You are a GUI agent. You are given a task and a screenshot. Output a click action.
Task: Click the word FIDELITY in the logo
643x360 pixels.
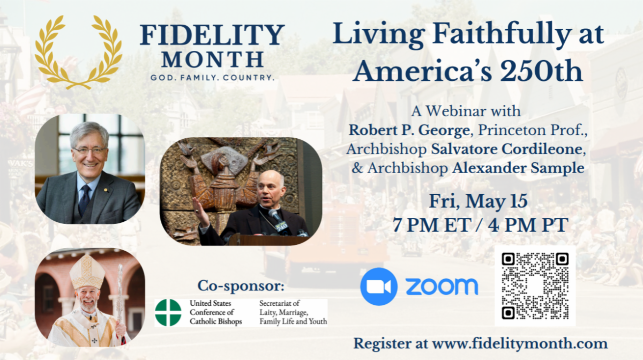coord(212,35)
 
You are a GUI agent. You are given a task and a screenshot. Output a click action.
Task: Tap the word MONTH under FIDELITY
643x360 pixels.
coord(212,59)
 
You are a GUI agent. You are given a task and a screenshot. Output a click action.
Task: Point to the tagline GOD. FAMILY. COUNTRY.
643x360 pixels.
coord(212,78)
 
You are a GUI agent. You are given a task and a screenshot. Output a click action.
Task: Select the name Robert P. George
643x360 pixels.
coord(409,130)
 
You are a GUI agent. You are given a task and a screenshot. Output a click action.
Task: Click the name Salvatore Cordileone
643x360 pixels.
coord(507,149)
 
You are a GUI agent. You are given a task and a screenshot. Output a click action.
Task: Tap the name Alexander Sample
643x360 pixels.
coord(518,168)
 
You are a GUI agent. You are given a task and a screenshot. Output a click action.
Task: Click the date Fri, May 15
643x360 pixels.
coord(478,201)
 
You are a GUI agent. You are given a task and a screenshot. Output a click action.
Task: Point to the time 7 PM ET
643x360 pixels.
coord(432,225)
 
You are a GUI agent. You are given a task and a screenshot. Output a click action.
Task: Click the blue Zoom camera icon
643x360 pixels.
coord(379,286)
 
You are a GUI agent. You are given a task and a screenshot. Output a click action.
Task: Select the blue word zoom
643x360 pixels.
coord(442,286)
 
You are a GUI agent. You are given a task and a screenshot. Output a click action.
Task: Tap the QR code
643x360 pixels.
coord(535,286)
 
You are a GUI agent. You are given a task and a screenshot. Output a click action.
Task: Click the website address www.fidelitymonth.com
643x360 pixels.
coord(520,343)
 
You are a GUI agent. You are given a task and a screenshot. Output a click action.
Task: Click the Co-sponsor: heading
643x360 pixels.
coord(241,286)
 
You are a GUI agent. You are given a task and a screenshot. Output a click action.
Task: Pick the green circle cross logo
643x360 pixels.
coord(168,313)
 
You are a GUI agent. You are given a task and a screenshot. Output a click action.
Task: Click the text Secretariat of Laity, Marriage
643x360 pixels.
coord(283,307)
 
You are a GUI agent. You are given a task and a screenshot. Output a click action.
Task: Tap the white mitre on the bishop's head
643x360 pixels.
coord(87,271)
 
